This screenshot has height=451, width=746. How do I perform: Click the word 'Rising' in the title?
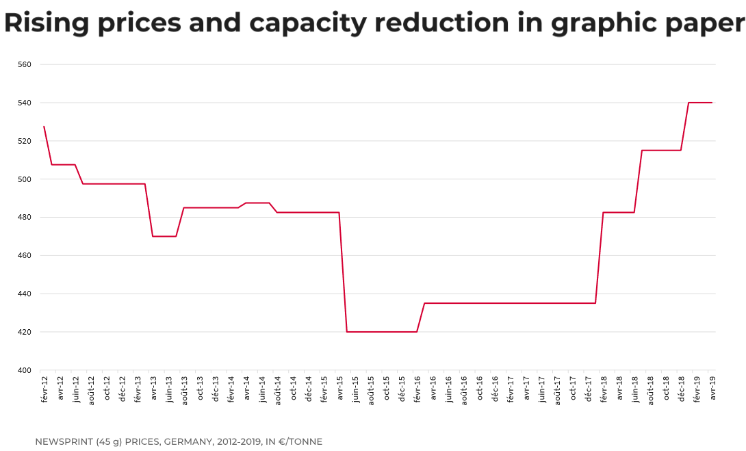pos(47,23)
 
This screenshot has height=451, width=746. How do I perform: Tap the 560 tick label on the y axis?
pos(25,64)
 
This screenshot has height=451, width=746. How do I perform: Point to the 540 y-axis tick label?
pos(25,103)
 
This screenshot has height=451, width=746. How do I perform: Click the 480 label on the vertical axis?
pos(25,218)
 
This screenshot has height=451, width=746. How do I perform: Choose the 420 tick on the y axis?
pos(25,332)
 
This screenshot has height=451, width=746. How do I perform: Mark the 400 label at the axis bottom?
pos(25,370)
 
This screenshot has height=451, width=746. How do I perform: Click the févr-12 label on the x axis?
pos(44,389)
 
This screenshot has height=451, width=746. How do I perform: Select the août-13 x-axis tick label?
pos(184,389)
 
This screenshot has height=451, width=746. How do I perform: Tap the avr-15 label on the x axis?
pos(339,388)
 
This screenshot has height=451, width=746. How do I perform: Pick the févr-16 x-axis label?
pos(417,389)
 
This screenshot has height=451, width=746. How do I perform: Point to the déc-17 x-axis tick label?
pos(587,388)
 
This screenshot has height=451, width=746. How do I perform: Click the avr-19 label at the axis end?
pos(712,388)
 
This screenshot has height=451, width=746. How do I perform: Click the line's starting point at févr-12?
pos(44,127)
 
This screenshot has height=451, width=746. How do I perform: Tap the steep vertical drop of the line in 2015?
pos(344,274)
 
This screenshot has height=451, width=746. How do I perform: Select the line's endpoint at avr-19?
pos(712,103)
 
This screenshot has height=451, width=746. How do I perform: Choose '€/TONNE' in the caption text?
pos(298,441)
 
